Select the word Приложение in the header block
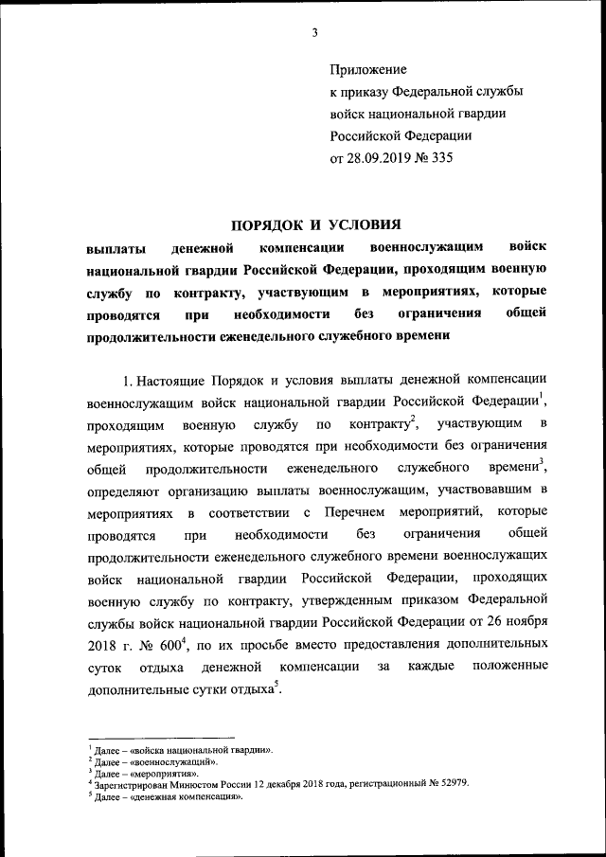click(x=368, y=70)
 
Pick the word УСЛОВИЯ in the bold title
click(x=365, y=224)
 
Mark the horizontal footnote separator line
click(x=160, y=737)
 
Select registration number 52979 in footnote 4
click(x=450, y=784)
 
